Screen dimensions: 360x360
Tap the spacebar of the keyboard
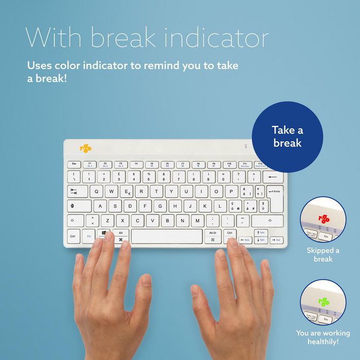click(167, 237)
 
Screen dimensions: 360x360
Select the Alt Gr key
click(212, 236)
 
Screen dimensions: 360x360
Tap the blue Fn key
click(89, 237)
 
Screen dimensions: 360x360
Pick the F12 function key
click(260, 165)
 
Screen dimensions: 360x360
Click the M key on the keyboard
click(198, 221)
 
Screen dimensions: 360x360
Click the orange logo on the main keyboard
click(85, 149)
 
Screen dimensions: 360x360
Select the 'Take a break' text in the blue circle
click(287, 136)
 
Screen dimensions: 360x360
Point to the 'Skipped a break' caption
click(323, 255)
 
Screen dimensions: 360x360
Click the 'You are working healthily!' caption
click(323, 337)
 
